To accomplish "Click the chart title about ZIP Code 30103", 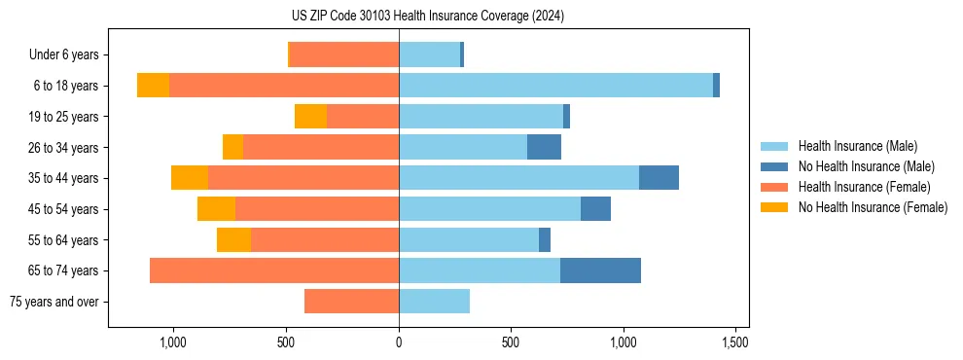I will (x=427, y=17).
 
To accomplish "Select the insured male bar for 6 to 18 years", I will (x=555, y=86).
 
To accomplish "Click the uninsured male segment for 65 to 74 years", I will (x=600, y=270).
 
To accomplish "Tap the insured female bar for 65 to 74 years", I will (x=274, y=270).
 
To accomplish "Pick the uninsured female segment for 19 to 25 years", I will (x=310, y=117).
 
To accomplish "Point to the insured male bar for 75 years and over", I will (x=434, y=302).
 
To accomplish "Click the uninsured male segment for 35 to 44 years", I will (x=659, y=178).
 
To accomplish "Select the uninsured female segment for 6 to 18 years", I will (x=153, y=86).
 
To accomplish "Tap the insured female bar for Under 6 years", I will (x=344, y=54).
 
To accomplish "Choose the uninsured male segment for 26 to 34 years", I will (x=544, y=147).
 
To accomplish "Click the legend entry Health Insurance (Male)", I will (x=857, y=146).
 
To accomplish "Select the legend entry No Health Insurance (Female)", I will (x=873, y=207).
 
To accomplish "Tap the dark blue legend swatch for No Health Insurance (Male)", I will (x=775, y=166).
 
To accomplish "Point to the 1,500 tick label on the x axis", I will (x=735, y=343).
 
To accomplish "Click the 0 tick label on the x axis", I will (x=399, y=343).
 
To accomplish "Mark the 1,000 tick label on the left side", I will (x=173, y=343).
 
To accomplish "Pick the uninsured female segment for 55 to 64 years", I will (x=233, y=239).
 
